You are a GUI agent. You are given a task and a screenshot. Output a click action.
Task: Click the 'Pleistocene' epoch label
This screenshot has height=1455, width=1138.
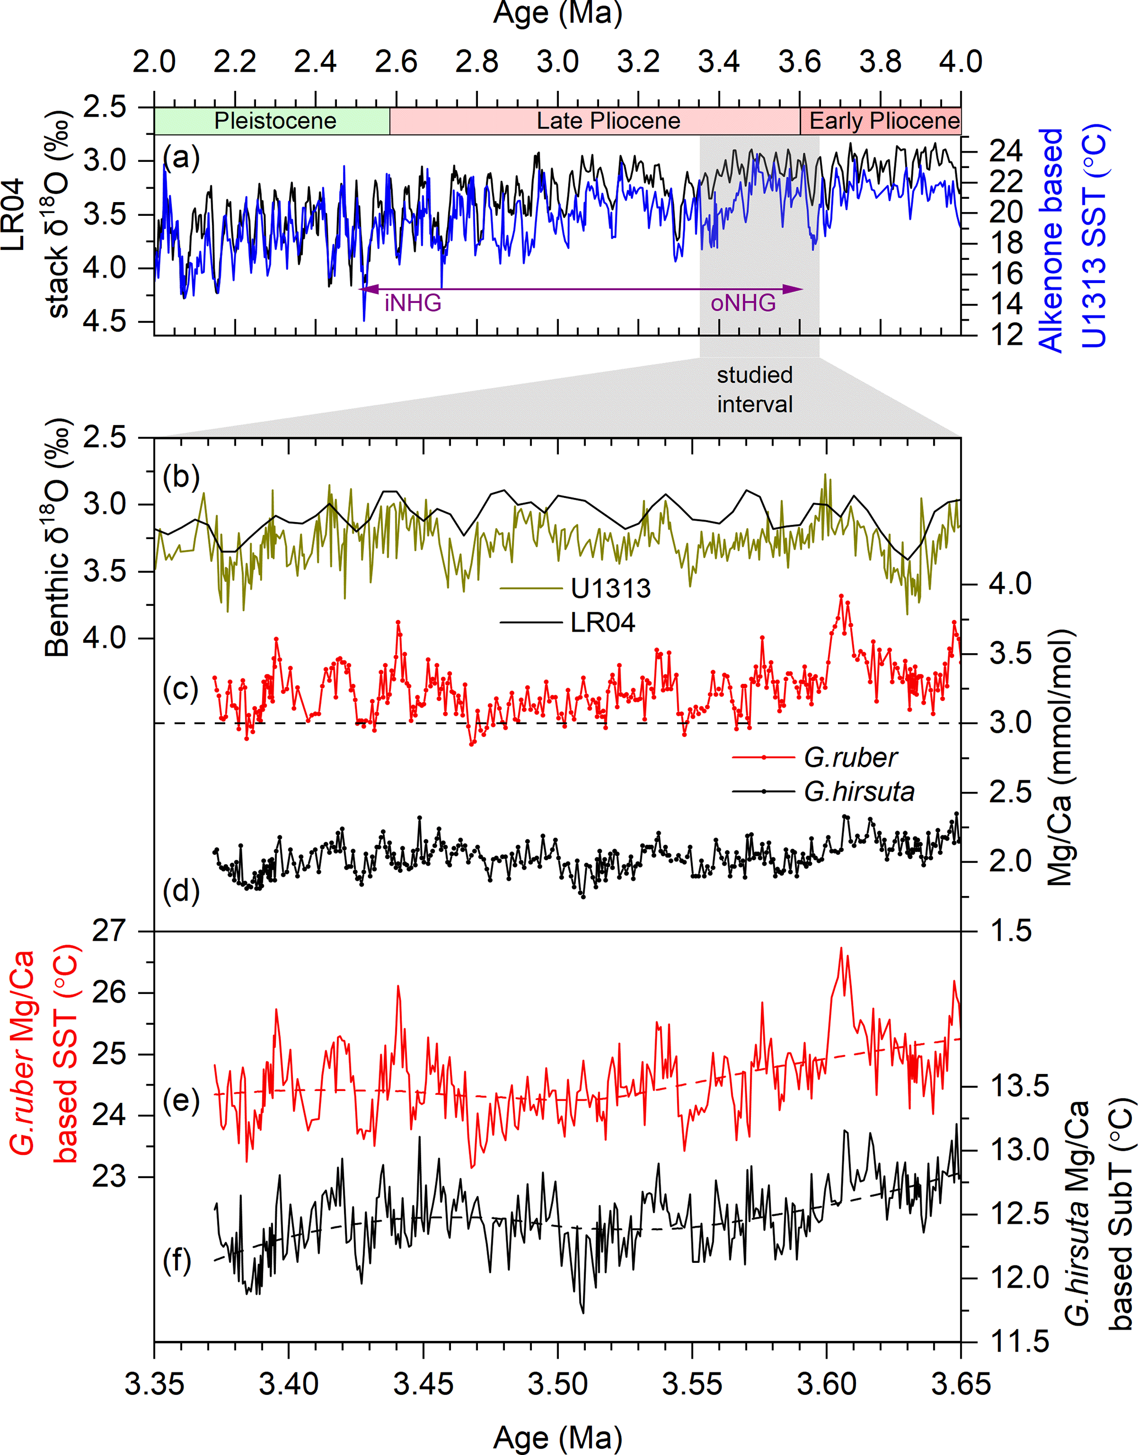[x=275, y=121]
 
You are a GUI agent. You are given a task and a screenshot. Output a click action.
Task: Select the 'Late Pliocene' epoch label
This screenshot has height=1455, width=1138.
[x=608, y=121]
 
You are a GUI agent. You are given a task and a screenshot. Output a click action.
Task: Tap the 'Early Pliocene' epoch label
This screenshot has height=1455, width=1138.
[x=884, y=121]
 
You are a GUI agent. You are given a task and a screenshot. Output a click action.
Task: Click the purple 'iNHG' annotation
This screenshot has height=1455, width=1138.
[x=413, y=303]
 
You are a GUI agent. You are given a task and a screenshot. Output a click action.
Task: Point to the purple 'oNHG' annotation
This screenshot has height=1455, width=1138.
[x=743, y=303]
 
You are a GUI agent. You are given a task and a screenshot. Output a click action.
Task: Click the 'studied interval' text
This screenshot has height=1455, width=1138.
[x=755, y=390]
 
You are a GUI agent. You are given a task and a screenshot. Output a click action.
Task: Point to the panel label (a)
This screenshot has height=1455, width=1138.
[x=181, y=159]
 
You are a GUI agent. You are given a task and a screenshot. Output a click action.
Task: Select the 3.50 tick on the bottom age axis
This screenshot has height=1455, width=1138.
[x=558, y=1384]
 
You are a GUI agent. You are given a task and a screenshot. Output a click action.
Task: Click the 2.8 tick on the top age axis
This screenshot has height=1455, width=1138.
[x=477, y=62]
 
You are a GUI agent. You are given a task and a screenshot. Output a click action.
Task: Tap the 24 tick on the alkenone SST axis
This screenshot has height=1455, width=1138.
[x=1006, y=152]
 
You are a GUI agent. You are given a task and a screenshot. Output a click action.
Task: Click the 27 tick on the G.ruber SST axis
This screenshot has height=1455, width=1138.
[x=109, y=931]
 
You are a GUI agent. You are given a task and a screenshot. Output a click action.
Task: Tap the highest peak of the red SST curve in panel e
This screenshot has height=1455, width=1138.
[x=841, y=948]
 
